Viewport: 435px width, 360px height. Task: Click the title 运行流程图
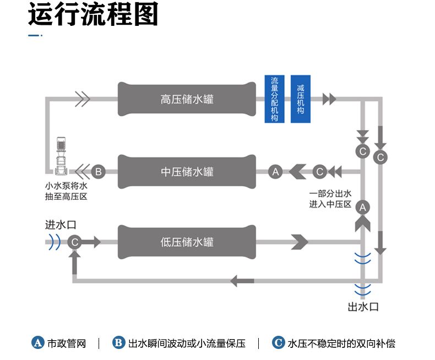93,15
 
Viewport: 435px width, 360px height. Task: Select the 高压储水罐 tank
187,99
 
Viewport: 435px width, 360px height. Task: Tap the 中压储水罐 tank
187,172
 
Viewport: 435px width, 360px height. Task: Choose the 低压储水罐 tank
187,242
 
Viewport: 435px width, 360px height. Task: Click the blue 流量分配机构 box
274,99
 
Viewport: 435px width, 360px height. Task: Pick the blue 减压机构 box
300,99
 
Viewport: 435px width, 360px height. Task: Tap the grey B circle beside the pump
98,172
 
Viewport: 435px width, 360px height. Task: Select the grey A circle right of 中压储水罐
276,172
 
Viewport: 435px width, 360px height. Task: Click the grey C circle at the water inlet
75,242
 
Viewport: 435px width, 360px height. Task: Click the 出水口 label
363,307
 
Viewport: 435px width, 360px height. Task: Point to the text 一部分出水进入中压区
330,199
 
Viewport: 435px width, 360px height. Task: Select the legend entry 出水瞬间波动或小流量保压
179,343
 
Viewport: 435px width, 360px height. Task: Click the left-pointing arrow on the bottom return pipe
242,281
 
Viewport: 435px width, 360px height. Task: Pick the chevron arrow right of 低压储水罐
299,242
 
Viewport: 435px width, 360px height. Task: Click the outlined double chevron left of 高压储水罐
82,99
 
